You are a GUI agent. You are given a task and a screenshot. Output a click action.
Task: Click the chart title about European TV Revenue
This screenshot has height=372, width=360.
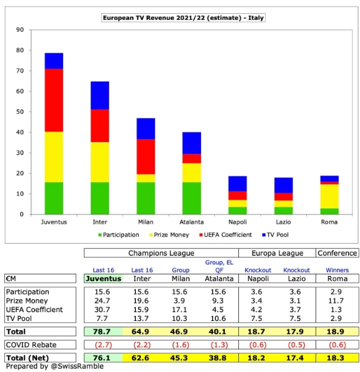(183, 18)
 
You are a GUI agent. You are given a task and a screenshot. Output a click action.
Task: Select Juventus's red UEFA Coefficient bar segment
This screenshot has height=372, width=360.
(54, 100)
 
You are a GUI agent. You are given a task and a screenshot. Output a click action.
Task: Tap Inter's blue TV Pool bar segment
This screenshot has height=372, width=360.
(100, 95)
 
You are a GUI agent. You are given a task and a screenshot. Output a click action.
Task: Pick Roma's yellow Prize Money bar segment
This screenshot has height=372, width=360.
(329, 196)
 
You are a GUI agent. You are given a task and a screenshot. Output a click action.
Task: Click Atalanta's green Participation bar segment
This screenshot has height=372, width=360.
(191, 198)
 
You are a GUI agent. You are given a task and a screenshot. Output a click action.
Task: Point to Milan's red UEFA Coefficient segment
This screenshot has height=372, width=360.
(146, 156)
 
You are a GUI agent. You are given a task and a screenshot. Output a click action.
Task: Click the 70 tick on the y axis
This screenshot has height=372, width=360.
(20, 71)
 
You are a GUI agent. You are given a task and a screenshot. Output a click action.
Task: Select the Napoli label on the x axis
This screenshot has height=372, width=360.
(237, 222)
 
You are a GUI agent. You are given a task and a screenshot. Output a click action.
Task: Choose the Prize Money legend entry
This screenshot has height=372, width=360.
(169, 235)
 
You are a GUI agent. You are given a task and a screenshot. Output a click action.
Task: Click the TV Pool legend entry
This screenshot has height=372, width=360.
(276, 235)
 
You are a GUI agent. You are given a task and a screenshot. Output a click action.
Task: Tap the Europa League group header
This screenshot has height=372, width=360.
(277, 253)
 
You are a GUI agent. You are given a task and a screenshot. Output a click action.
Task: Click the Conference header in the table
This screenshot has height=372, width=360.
(337, 253)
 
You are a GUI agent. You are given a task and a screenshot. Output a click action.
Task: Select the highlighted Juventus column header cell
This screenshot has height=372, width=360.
(104, 279)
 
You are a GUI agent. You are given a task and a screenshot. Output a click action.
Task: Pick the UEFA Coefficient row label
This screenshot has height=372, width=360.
(35, 309)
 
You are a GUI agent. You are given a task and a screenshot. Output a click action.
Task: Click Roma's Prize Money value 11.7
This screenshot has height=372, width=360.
(336, 301)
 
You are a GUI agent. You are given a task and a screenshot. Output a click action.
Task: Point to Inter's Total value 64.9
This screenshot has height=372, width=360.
(140, 331)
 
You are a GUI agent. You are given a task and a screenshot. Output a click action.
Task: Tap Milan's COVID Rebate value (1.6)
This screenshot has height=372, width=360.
(181, 345)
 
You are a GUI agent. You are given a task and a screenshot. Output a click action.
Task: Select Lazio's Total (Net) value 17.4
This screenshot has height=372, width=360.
(295, 358)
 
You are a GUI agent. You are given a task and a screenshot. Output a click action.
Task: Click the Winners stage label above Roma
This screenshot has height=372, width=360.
(337, 270)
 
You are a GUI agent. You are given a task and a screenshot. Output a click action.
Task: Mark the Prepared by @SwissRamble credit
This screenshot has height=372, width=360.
(55, 367)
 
